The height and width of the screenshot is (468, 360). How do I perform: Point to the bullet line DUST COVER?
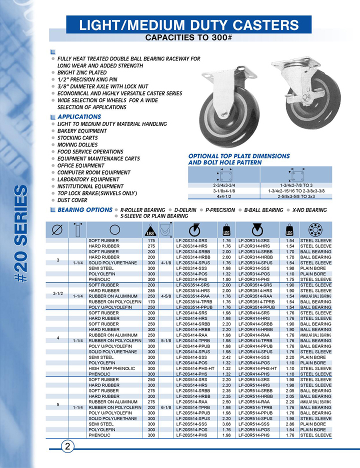tap(73, 200)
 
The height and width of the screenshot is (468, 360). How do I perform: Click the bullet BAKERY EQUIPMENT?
tap(82, 130)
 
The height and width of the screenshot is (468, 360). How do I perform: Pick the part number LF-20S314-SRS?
tap(193, 241)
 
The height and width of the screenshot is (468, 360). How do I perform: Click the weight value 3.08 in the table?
tap(226, 424)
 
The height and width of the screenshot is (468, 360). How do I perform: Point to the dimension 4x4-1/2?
tap(223, 196)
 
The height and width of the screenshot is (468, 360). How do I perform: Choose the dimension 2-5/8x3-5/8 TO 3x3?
tap(296, 196)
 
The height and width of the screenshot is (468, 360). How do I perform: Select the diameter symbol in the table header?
tap(57, 230)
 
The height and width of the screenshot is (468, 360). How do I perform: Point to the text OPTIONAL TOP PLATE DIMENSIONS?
tap(232, 156)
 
